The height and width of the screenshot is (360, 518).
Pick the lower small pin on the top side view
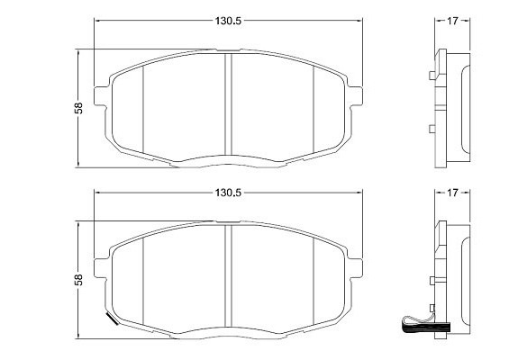coord(434,129)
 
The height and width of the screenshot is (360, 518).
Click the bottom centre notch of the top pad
coord(229,162)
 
